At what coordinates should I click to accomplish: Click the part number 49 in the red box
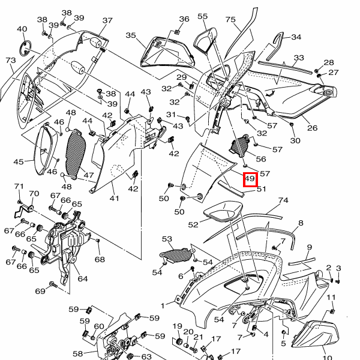click(250, 178)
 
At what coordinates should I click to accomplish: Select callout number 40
click(22, 29)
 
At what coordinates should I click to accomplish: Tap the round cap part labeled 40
click(25, 48)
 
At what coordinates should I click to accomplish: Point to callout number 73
click(11, 61)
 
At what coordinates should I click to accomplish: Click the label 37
click(107, 20)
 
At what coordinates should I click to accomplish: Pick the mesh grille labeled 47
click(76, 154)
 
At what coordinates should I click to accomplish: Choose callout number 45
click(19, 161)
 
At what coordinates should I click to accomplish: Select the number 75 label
click(230, 20)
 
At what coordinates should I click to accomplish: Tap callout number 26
click(312, 128)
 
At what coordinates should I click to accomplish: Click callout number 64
click(83, 279)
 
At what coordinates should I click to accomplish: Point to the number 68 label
click(100, 259)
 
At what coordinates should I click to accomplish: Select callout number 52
click(193, 224)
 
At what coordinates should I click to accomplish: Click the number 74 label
click(283, 200)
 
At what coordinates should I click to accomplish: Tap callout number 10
click(328, 358)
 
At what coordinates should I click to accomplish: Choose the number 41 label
click(115, 198)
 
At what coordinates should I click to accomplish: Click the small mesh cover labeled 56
click(239, 146)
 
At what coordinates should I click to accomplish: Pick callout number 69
click(40, 291)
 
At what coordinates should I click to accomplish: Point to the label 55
click(203, 16)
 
